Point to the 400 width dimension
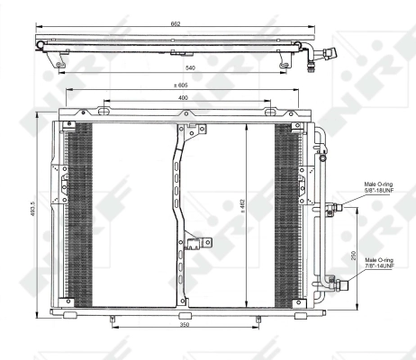pos(183,96)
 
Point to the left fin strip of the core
pos(81,214)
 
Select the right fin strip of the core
pos(287,214)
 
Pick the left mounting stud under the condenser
pos(111,319)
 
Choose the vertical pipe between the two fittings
pos(320,243)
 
